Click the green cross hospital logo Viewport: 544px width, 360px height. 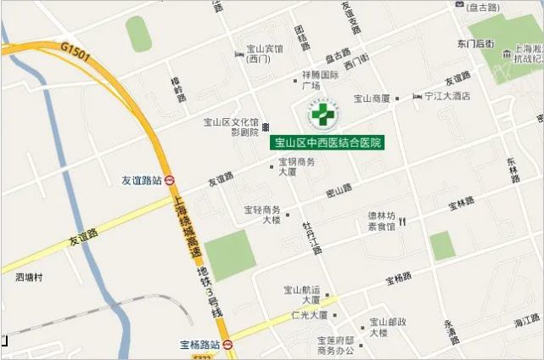tap(322, 115)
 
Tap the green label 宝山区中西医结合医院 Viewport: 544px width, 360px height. tap(327, 143)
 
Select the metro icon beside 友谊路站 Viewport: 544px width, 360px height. tap(170, 180)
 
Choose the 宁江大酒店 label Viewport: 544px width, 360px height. tap(447, 97)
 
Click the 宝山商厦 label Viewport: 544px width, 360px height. tap(372, 98)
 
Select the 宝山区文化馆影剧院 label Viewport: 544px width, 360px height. tap(230, 127)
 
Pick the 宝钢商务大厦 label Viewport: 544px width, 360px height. tap(297, 166)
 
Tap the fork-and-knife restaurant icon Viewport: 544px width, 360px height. tap(402, 222)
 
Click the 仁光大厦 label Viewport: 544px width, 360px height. tap(309, 315)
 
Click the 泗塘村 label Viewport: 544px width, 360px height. tap(28, 277)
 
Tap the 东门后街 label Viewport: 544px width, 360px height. tap(474, 42)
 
